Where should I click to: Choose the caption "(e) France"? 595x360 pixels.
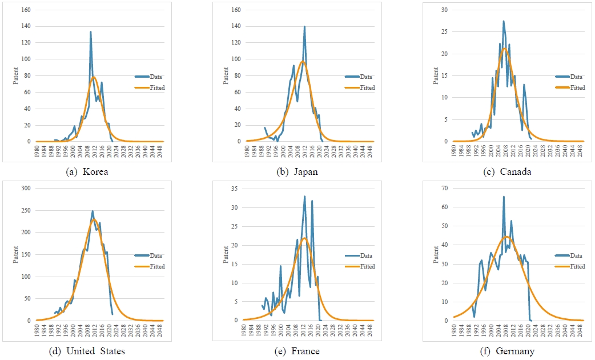297,351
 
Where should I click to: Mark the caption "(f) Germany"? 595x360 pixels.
507,351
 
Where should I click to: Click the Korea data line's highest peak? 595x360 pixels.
90,32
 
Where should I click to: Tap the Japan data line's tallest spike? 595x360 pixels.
304,26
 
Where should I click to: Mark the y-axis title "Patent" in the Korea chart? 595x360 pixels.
17,75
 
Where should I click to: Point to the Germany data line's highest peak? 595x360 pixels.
504,197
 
